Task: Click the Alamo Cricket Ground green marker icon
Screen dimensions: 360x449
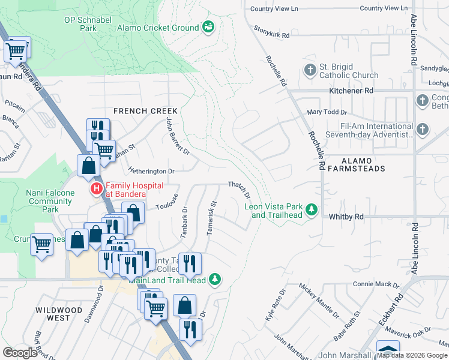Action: [x=208, y=27]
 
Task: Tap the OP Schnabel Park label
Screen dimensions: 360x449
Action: [x=89, y=23]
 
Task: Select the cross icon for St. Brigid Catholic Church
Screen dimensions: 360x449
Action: [x=310, y=70]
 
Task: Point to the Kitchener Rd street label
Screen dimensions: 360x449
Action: [x=351, y=91]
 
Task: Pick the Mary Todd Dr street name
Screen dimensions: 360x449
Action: [x=327, y=112]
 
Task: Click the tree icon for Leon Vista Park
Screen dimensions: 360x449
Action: [x=311, y=209]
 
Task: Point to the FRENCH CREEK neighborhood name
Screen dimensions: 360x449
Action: [x=146, y=111]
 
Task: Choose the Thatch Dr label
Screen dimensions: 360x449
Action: [x=238, y=190]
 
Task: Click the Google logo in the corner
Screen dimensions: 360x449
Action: [x=20, y=353]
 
